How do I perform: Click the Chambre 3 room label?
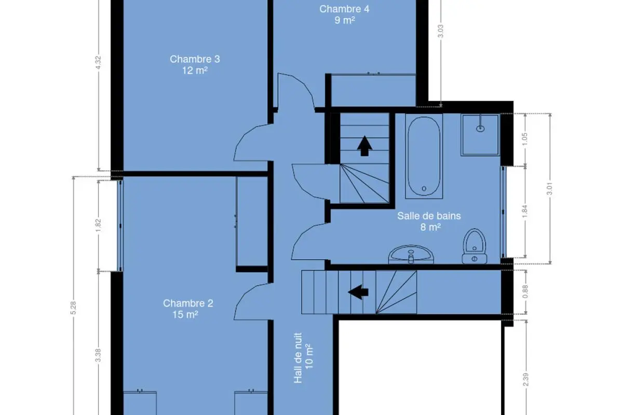click(x=195, y=64)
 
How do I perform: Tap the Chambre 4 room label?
click(x=344, y=15)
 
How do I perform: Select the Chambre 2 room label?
click(x=188, y=309)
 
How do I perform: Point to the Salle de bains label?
click(x=429, y=222)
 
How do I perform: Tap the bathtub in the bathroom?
click(x=424, y=156)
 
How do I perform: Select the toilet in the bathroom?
click(x=474, y=246)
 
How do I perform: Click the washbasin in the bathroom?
click(x=411, y=254)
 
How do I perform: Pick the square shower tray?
click(x=480, y=135)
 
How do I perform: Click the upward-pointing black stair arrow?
click(x=364, y=146)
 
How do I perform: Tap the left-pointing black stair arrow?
click(x=358, y=292)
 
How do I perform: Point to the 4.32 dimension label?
click(x=98, y=63)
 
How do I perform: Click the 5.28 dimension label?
click(x=73, y=308)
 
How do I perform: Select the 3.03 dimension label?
click(x=441, y=31)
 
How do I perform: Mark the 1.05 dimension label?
click(x=525, y=139)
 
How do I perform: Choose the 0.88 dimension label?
click(x=525, y=292)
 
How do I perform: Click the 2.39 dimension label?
click(x=525, y=380)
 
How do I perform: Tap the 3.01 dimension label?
click(x=550, y=188)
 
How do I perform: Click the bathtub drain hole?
click(x=424, y=188)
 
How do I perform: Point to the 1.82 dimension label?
click(x=98, y=226)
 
